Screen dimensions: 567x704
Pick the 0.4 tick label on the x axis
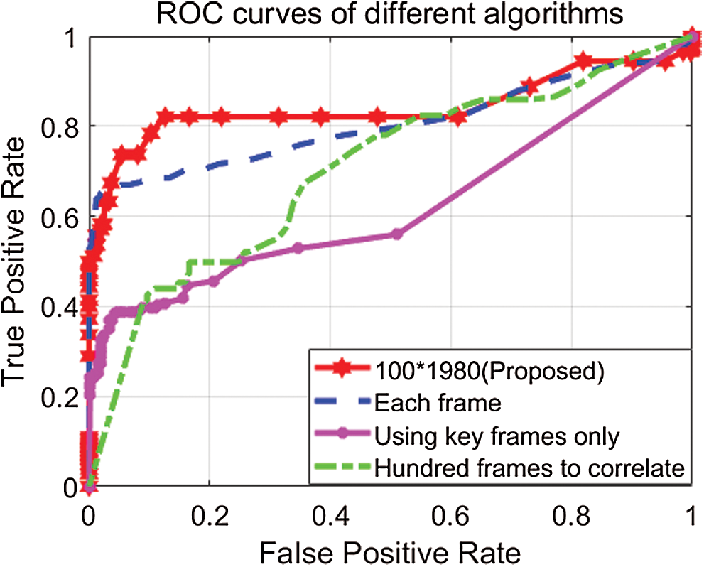click(330, 514)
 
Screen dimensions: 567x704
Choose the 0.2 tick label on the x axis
click(209, 514)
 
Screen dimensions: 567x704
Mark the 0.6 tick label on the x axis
click(450, 514)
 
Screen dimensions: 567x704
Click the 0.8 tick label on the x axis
click(571, 514)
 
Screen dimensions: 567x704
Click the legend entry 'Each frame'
click(438, 404)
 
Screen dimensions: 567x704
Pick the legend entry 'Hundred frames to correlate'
click(529, 468)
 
